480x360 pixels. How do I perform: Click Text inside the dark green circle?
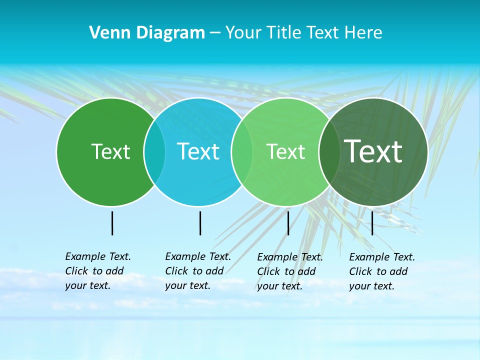click(110, 151)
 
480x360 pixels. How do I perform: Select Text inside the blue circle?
click(198, 151)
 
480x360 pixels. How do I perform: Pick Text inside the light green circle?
click(285, 151)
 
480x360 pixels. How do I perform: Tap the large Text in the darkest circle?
click(373, 151)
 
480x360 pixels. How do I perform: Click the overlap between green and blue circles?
click(154, 151)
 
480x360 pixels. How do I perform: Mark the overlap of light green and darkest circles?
click(329, 151)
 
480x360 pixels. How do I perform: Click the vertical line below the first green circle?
click(112, 223)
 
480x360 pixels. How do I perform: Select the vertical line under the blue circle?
click(200, 223)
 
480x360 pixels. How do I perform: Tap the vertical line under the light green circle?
click(288, 223)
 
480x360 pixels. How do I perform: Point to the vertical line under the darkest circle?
click(372, 223)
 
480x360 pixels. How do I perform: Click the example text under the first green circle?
click(98, 271)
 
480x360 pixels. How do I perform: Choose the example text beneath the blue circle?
click(198, 271)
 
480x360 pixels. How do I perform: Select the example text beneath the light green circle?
click(290, 271)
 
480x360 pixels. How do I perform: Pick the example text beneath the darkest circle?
click(382, 271)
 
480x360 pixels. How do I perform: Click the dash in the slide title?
click(215, 33)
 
